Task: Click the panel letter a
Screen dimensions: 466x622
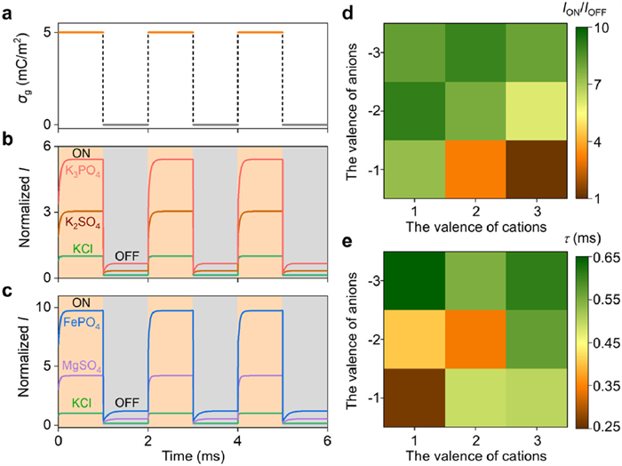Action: pyautogui.click(x=7, y=9)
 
